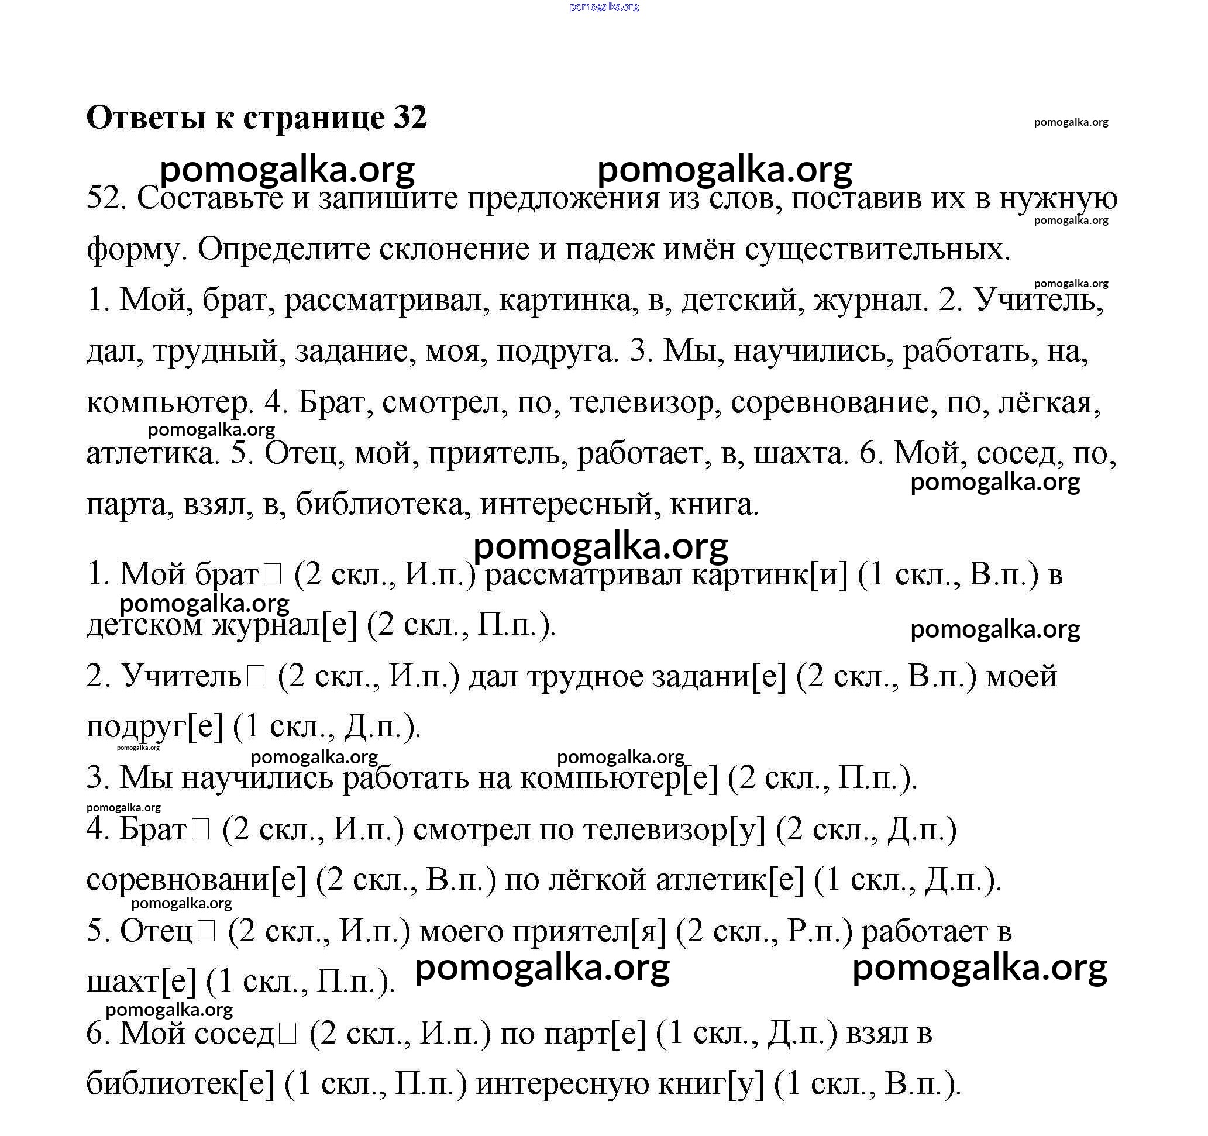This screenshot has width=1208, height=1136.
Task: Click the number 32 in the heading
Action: click(x=410, y=117)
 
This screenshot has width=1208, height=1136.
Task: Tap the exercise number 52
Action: click(x=106, y=199)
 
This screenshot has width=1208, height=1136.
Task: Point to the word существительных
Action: click(x=877, y=249)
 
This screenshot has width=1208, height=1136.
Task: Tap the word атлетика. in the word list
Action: click(x=153, y=453)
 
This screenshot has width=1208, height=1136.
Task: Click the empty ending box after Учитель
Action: click(x=256, y=677)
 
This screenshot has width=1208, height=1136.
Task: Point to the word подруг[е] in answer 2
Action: click(x=155, y=728)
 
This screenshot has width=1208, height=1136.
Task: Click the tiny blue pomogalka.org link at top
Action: click(x=604, y=6)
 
